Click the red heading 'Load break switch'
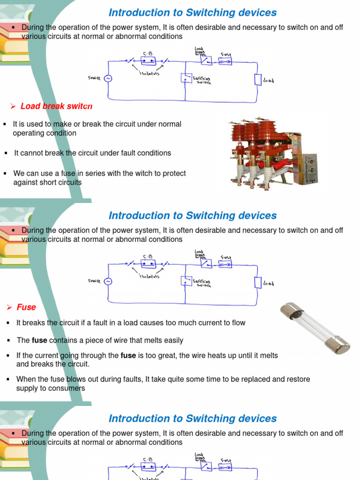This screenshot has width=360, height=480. [x=56, y=106]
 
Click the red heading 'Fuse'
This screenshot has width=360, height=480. [x=26, y=307]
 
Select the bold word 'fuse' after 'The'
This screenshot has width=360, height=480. [x=39, y=340]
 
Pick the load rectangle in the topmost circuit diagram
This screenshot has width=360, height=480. [x=257, y=80]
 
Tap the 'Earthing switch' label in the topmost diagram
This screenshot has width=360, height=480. [x=202, y=81]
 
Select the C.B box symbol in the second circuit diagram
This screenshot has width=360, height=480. [x=149, y=264]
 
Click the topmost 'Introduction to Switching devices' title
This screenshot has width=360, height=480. [x=193, y=13]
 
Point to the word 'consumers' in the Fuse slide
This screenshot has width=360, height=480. [x=68, y=388]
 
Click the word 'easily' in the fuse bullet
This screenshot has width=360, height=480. [x=172, y=340]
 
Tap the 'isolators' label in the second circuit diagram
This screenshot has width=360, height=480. [x=149, y=276]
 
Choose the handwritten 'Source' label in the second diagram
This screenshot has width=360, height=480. [x=94, y=281]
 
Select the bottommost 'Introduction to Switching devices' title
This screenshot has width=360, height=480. [x=193, y=418]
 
